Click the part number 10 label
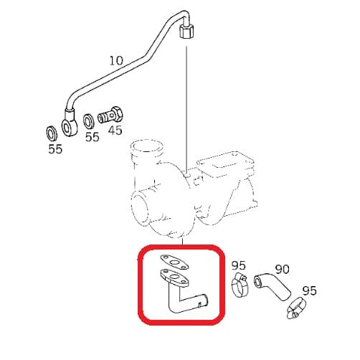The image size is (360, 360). pyautogui.click(x=116, y=61)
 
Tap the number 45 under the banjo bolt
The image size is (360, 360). pyautogui.click(x=115, y=131)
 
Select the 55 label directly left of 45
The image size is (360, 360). pyautogui.click(x=93, y=137)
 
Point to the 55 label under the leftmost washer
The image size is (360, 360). pyautogui.click(x=55, y=149)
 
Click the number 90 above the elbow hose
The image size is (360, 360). pyautogui.click(x=282, y=270)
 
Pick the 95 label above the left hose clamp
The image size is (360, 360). pyautogui.click(x=239, y=265)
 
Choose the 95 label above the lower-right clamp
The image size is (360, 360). pyautogui.click(x=309, y=290)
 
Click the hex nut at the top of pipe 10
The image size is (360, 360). pyautogui.click(x=186, y=30)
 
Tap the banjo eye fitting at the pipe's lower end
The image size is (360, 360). pyautogui.click(x=70, y=123)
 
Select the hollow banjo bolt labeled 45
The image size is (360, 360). pyautogui.click(x=110, y=115)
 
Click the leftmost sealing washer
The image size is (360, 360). pyautogui.click(x=52, y=133)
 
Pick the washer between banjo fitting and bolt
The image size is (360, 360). pyautogui.click(x=89, y=121)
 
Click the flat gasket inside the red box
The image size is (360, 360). pyautogui.click(x=174, y=263)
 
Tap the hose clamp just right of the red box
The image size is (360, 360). pyautogui.click(x=240, y=285)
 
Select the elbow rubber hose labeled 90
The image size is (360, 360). pyautogui.click(x=273, y=286)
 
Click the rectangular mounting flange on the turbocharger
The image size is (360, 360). pyautogui.click(x=225, y=164)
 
